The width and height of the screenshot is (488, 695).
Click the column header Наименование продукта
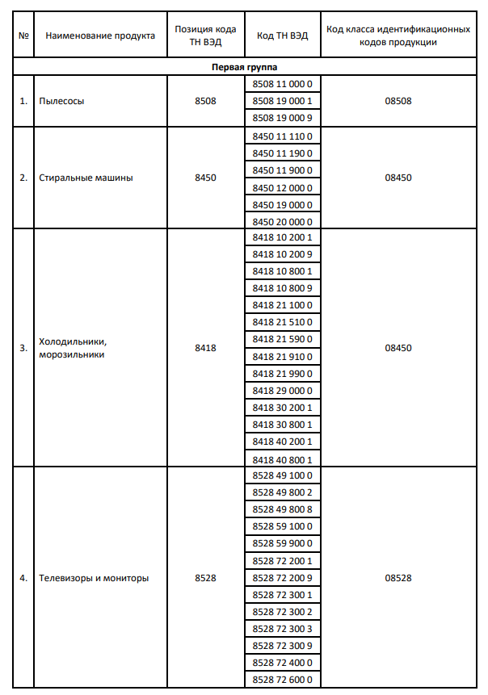point(100,36)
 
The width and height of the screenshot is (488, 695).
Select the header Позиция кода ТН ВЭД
point(205,36)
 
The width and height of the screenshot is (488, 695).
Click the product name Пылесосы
point(61,101)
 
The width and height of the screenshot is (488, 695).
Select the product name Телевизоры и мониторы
point(94,578)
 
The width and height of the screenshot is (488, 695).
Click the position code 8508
point(205,101)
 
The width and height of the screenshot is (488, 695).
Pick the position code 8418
point(205,348)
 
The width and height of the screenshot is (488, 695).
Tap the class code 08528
point(398,578)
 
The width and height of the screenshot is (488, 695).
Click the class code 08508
point(398,101)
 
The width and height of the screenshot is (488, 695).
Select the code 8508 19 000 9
point(282,118)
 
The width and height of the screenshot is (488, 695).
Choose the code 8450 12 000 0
point(282,188)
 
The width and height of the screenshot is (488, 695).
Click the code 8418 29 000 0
point(282,390)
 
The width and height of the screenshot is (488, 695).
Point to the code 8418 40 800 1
point(282,458)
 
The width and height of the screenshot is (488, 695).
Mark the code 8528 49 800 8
point(282,509)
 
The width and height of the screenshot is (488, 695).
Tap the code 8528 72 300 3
point(282,629)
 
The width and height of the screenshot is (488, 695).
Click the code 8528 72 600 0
point(282,680)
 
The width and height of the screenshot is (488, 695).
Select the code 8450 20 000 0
point(282,222)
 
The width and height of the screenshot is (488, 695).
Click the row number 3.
point(23,348)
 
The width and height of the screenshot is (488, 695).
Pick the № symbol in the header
point(23,36)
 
